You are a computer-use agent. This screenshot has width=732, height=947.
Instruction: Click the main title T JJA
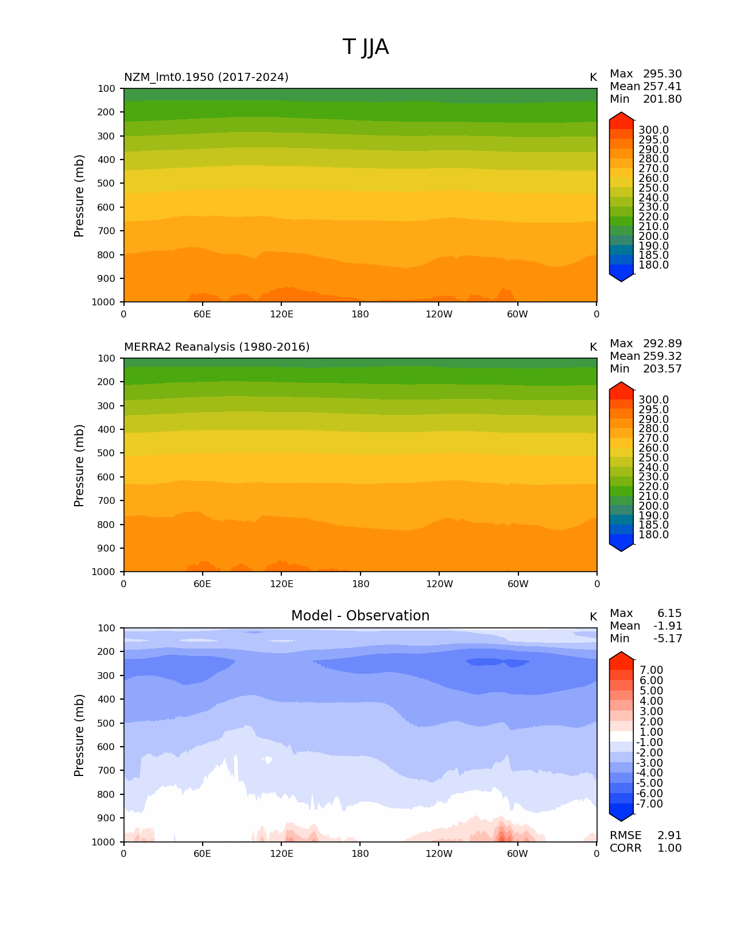[366, 47]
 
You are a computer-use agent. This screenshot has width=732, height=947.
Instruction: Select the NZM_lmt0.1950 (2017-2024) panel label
[206, 77]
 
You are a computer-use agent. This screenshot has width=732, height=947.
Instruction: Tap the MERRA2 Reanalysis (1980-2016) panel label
[216, 347]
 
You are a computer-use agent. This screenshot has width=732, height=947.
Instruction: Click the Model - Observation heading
[360, 616]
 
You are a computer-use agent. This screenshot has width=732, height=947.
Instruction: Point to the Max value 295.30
[662, 74]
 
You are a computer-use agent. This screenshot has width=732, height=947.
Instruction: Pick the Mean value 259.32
[662, 356]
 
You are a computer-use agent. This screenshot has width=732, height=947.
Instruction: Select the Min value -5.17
[668, 639]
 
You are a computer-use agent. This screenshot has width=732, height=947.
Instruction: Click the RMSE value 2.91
[669, 836]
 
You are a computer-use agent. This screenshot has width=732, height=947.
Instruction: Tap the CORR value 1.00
[669, 848]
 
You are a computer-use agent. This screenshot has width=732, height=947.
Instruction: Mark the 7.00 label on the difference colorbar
[651, 670]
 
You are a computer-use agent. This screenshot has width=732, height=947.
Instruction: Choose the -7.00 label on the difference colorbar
[649, 804]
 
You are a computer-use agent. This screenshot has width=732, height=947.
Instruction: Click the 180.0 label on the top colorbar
[653, 265]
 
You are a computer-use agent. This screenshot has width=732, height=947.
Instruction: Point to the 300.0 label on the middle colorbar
[653, 400]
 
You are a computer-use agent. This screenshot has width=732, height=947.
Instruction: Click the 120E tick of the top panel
[281, 315]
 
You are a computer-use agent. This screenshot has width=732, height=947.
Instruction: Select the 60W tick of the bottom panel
[517, 854]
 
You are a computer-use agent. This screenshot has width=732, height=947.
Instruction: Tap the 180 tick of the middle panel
[360, 584]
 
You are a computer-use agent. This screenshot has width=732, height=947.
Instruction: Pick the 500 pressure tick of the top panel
[107, 184]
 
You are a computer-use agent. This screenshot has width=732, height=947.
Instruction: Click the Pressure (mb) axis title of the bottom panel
[79, 735]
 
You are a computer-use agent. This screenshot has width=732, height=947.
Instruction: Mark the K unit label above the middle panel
[593, 347]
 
